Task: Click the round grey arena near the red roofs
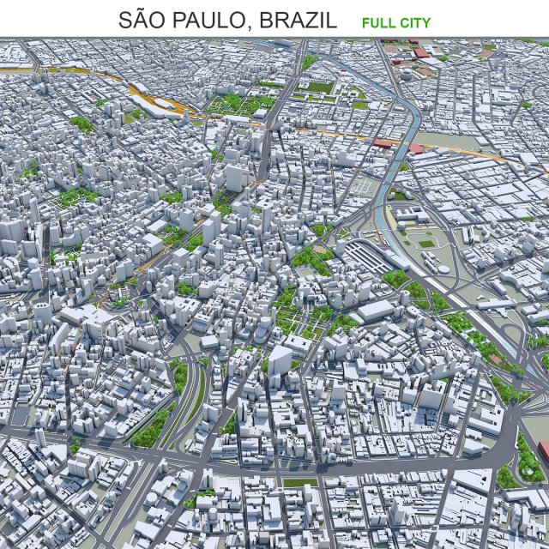406,73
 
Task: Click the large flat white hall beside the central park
375,311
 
